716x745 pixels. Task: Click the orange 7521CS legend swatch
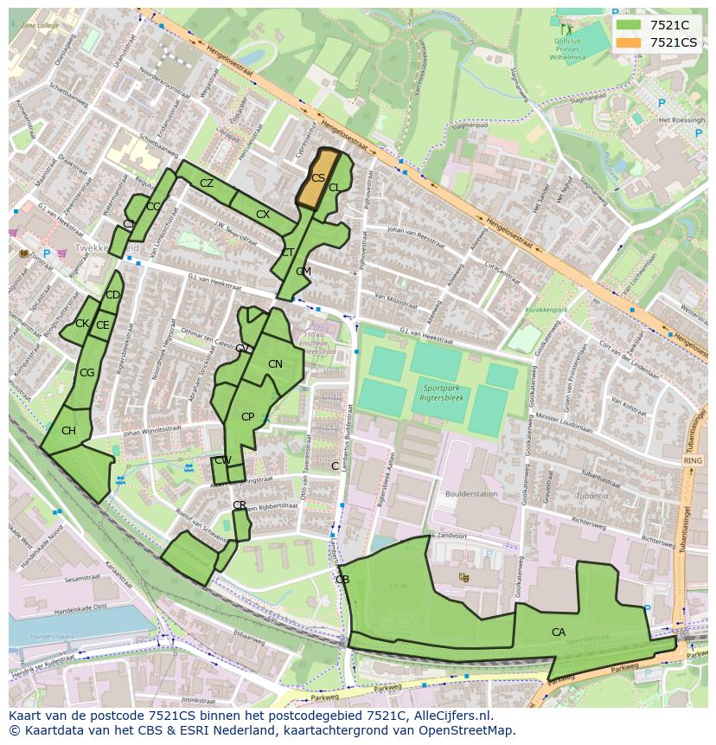point(630,42)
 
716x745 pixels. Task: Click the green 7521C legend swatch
point(630,25)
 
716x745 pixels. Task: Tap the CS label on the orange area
point(318,178)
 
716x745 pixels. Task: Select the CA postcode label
point(559,633)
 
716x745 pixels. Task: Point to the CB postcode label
point(342,579)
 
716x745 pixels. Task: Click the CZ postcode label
point(207,183)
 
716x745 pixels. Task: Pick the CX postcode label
point(263,215)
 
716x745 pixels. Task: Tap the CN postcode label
point(275,364)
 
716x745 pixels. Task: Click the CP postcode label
point(247,417)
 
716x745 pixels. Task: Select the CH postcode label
point(68,431)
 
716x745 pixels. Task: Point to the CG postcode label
point(86,373)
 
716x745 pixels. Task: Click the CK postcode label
point(81,324)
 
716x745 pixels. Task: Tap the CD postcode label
point(112,295)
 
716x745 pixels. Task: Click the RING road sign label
point(692,461)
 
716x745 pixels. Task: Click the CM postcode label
point(303,272)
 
